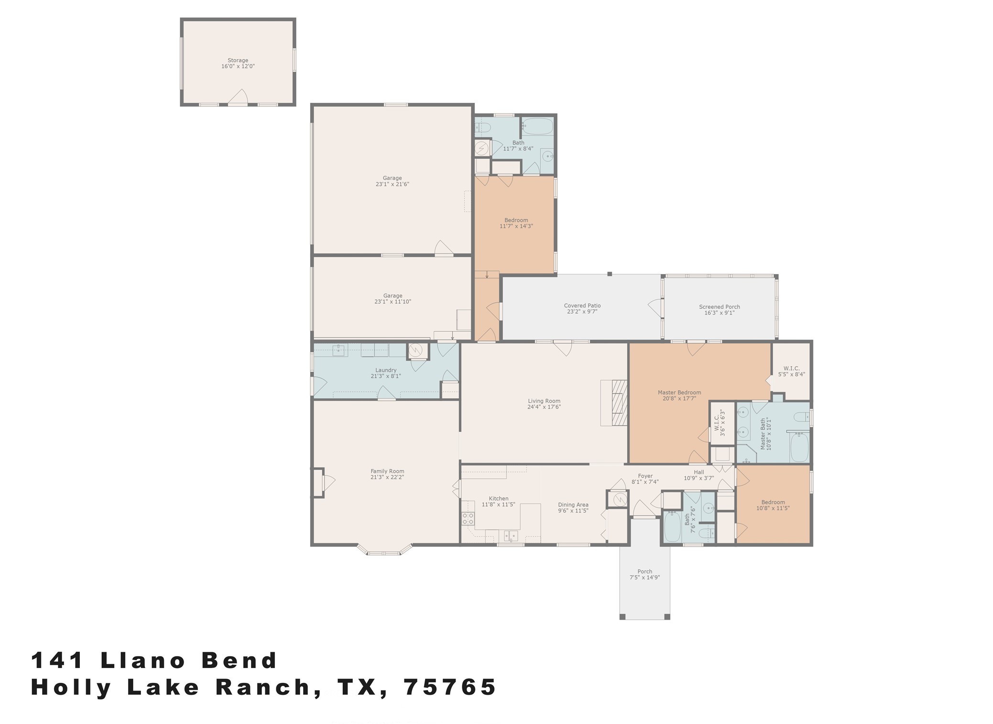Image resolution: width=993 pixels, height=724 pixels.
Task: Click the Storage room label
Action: [x=238, y=61]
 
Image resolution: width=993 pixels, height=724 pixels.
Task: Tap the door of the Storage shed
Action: [x=238, y=98]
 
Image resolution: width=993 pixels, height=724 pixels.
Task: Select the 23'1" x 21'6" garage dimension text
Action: [x=392, y=184]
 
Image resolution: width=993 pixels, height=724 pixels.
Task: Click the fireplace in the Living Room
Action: [x=619, y=403]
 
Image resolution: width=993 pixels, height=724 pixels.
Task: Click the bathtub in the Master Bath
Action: [x=799, y=447]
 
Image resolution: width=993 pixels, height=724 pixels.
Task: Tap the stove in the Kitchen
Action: [x=468, y=518]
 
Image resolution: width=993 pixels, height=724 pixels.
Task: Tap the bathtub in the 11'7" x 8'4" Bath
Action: [x=537, y=127]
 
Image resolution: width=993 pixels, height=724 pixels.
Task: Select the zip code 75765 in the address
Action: [x=450, y=687]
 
